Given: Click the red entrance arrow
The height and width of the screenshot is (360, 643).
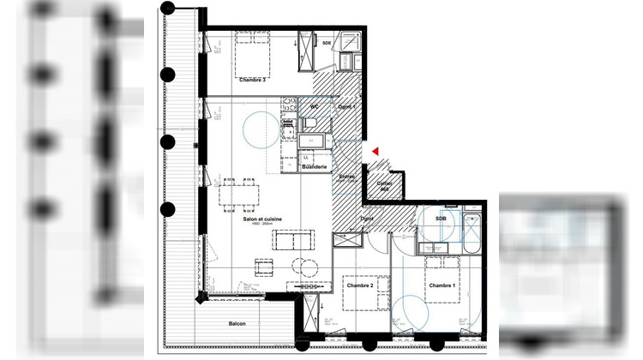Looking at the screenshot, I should click(x=375, y=151).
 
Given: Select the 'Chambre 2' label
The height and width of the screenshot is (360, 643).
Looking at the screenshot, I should click(x=358, y=285).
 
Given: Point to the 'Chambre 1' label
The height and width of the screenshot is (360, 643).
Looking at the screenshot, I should click(x=442, y=285).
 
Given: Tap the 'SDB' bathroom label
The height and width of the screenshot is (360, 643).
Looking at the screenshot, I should click(x=442, y=219).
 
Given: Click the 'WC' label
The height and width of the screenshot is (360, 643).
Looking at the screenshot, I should click(x=315, y=106).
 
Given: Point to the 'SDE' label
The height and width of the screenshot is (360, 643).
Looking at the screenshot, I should click(x=326, y=42).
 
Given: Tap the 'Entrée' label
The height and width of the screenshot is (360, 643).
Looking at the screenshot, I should click(x=346, y=177).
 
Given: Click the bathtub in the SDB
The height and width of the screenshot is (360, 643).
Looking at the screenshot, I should click(x=472, y=231).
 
